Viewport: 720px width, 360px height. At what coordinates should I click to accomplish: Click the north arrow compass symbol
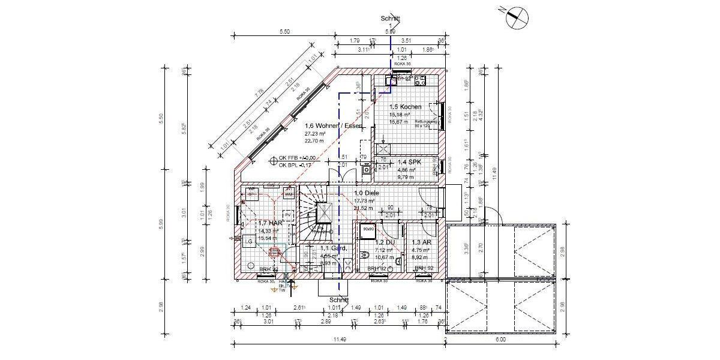coord(517,17)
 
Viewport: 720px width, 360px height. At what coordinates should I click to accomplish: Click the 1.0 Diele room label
coord(365,193)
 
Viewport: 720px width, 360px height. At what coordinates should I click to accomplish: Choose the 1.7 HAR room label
coord(253,223)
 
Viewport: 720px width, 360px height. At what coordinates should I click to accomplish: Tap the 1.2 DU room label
coord(383,242)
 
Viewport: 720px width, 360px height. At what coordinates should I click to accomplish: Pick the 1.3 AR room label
coord(419,242)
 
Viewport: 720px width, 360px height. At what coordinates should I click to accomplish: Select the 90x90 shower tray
coord(367,229)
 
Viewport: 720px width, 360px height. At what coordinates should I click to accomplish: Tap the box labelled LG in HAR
coord(248,241)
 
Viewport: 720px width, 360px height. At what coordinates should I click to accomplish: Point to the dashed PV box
coord(287,214)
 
